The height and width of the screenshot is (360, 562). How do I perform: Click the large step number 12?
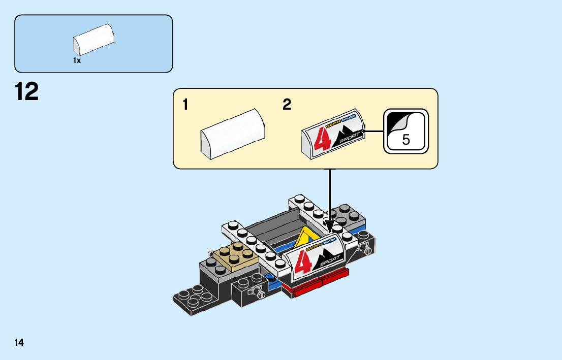(x=27, y=92)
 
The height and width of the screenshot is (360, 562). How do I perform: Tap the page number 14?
(x=19, y=343)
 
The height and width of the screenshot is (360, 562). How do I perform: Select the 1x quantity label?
(x=77, y=60)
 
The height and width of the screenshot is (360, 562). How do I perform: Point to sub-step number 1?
(x=185, y=105)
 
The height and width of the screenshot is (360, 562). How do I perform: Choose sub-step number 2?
(x=287, y=105)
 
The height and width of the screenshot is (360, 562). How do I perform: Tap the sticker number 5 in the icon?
(x=405, y=139)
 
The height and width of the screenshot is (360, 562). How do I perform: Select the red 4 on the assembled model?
(x=303, y=260)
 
